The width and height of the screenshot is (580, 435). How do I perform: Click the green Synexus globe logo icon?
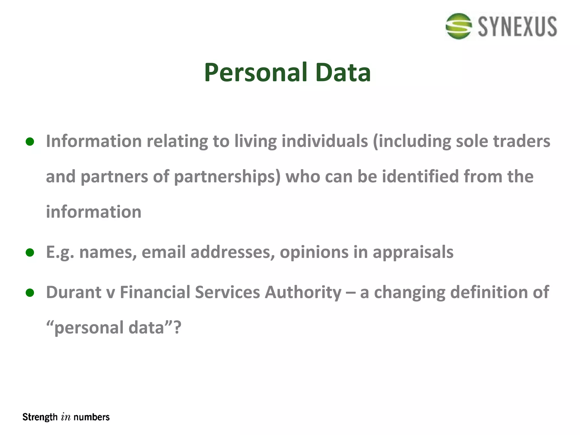(x=459, y=26)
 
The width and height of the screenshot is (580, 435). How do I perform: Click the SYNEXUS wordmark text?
(x=517, y=27)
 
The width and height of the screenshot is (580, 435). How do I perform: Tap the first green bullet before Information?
(x=30, y=141)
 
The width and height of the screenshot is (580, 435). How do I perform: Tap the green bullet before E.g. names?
(x=30, y=252)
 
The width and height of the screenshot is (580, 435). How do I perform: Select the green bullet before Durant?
(x=30, y=293)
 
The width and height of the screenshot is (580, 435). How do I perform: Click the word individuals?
(x=325, y=141)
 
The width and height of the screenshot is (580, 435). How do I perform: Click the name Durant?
(x=74, y=292)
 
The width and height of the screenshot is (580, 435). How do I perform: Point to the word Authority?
(x=303, y=293)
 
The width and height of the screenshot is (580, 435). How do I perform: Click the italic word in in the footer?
(x=65, y=417)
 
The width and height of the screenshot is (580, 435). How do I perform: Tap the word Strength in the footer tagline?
(x=40, y=417)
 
